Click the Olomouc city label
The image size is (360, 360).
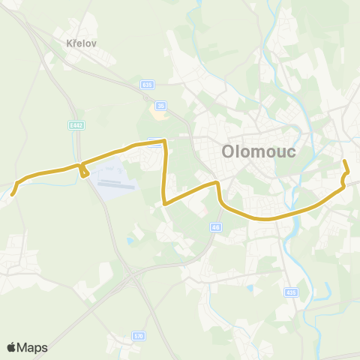(x=259, y=151)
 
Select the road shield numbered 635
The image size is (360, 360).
(x=146, y=85)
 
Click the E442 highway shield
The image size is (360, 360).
(x=75, y=125)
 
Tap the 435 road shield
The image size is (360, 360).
(x=292, y=292)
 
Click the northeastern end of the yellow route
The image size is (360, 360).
(x=344, y=161)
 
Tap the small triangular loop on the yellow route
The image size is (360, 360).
(x=83, y=171)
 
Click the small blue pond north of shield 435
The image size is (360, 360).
(x=250, y=286)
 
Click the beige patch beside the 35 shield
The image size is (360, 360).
(x=159, y=113)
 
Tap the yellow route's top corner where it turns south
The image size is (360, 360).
(x=163, y=140)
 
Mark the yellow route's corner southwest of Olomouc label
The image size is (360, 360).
(x=217, y=183)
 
